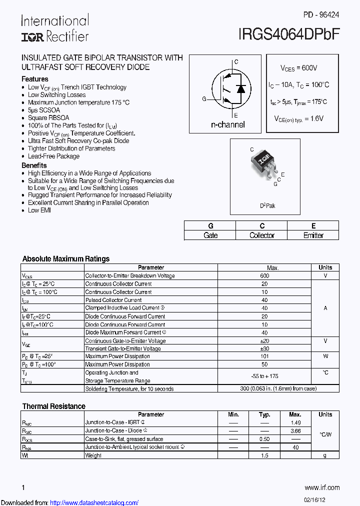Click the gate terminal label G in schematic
pyautogui.click(x=204, y=99)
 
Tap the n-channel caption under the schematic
pyautogui.click(x=227, y=124)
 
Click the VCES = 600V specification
pyautogui.click(x=298, y=68)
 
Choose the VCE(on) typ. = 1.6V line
pyautogui.click(x=298, y=118)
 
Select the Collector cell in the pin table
pyautogui.click(x=262, y=235)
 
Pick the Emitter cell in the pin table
pyautogui.click(x=313, y=235)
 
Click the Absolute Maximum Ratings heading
pyautogui.click(x=66, y=259)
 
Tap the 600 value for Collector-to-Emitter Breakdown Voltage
pyautogui.click(x=264, y=275)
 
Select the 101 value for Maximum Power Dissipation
pyautogui.click(x=264, y=356)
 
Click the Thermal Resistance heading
pyautogui.click(x=54, y=406)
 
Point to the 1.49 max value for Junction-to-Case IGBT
pyautogui.click(x=295, y=422)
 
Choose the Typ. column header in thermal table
pyautogui.click(x=264, y=414)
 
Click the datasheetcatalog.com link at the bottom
pyautogui.click(x=94, y=502)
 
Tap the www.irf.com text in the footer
pyautogui.click(x=322, y=487)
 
